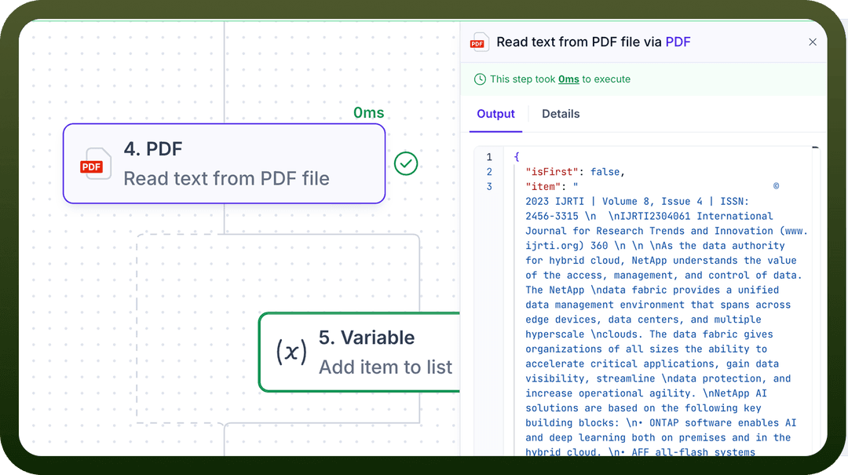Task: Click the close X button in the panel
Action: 813,42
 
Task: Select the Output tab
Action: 495,114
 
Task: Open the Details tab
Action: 561,114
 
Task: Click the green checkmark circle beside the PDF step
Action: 406,163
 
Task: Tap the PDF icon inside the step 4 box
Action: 96,164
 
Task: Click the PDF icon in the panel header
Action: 479,42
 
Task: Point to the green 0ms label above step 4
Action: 368,112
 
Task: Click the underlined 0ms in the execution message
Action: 568,79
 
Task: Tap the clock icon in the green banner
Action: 480,79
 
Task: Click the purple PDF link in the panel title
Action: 678,42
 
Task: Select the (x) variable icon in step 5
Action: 291,352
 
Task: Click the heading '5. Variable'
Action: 367,338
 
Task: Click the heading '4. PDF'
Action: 153,148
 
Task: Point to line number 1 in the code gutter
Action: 489,157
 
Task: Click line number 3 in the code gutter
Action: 489,187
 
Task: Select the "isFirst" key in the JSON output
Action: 552,171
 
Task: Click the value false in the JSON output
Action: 605,171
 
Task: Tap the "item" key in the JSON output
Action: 543,187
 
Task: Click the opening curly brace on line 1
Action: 517,157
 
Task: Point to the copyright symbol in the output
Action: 776,186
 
